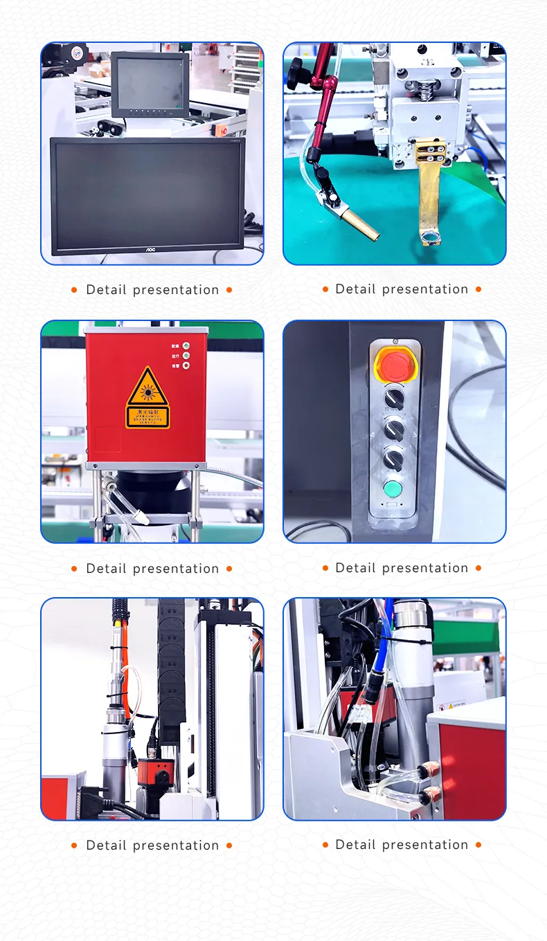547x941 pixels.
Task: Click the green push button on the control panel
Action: point(393,489)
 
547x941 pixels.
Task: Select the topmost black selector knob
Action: point(394,398)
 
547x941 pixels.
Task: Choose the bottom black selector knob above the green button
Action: point(393,457)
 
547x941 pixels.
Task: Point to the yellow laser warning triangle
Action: point(147,388)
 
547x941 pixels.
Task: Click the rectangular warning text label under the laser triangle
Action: point(147,417)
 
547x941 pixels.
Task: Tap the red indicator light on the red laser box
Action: point(186,365)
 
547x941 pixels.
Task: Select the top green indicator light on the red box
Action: point(186,345)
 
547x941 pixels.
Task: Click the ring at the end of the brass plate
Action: point(429,239)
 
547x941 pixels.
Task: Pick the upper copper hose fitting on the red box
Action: point(429,769)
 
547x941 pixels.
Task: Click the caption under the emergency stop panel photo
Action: point(402,568)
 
